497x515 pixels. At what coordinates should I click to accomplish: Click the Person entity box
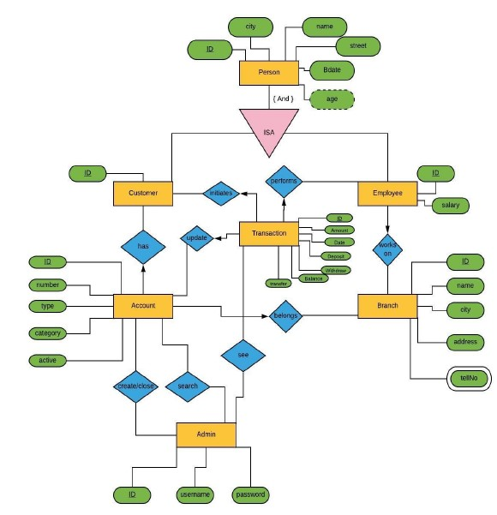coord(268,73)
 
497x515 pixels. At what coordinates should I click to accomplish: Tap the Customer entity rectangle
coord(143,194)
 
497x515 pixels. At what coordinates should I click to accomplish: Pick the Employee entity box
coord(387,194)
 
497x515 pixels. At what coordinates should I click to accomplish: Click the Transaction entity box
coord(269,233)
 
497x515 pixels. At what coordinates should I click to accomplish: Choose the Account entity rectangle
coord(143,306)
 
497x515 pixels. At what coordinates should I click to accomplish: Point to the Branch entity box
coord(387,306)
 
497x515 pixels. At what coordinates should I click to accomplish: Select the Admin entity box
coord(206,434)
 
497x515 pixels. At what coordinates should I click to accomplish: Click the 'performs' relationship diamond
coord(283,182)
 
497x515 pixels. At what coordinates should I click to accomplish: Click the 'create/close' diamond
coord(136,386)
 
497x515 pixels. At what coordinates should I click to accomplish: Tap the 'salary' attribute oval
coord(450,206)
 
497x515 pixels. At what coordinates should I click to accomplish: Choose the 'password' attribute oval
coord(250,494)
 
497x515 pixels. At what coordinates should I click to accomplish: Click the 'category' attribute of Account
coord(48,332)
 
